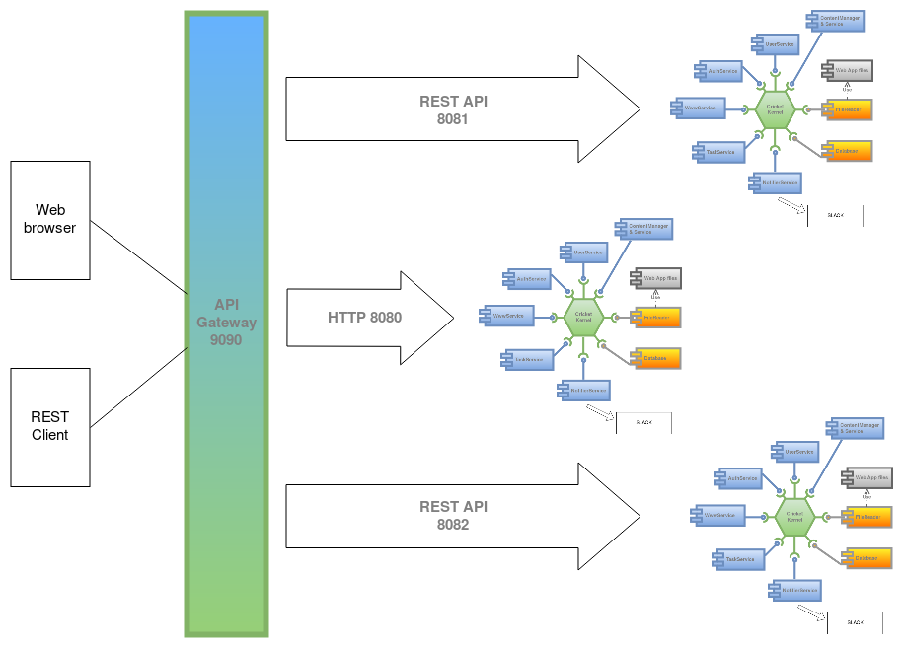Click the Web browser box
point(49,220)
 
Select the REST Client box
point(49,426)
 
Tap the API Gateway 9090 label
point(226,323)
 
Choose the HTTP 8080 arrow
point(365,318)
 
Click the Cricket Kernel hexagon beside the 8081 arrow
point(775,109)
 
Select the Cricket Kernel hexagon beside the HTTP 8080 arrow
point(583,316)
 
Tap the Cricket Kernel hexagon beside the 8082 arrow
point(794,516)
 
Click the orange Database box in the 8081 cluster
point(848,151)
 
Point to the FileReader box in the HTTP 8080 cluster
point(656,317)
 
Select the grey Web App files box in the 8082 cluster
point(862,477)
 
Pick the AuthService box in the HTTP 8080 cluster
point(528,279)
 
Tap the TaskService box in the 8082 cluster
point(737,558)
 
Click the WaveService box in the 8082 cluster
point(717,515)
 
